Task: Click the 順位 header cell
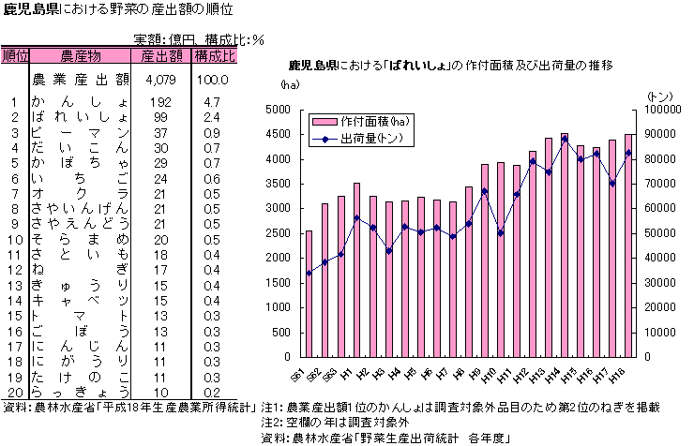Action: (16, 56)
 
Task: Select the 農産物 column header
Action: (81, 56)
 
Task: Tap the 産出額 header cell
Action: (161, 56)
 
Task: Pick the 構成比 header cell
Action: (215, 56)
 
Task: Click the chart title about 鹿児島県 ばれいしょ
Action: (450, 67)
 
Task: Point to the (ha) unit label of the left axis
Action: (289, 85)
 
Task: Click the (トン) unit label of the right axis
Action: (660, 96)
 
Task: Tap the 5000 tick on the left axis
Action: (279, 110)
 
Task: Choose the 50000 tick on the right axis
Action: (659, 233)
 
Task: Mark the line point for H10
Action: (501, 233)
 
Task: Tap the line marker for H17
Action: (612, 184)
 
